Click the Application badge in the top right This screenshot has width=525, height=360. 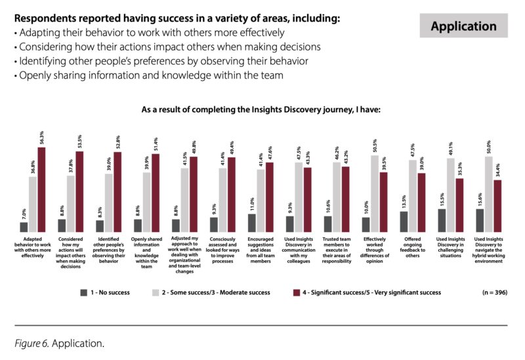463,26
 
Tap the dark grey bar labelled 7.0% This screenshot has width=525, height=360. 24,227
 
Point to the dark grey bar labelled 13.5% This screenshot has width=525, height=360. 404,222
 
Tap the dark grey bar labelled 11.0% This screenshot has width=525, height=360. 251,223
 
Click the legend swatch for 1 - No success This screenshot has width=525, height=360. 83,292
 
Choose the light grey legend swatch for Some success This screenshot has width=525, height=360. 156,292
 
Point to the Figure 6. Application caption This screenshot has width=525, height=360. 58,342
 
